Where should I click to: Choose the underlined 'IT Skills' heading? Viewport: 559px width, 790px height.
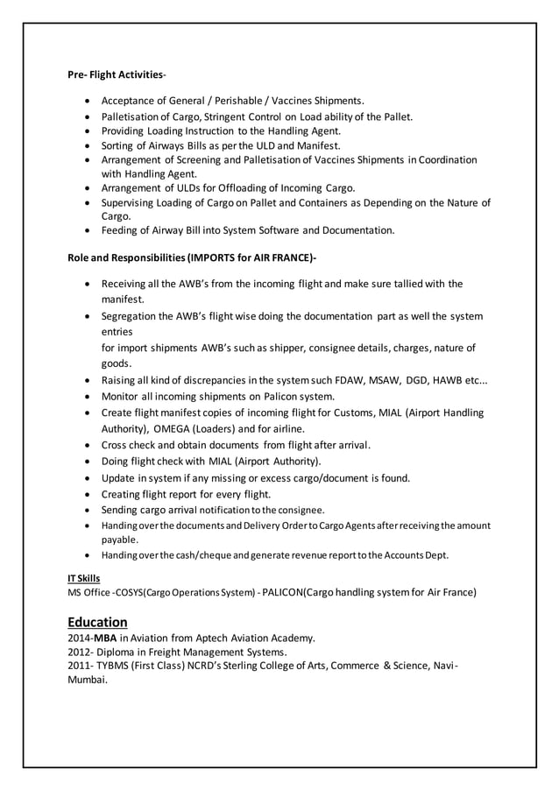tap(84, 578)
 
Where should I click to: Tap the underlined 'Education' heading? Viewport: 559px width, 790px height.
tap(97, 622)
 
